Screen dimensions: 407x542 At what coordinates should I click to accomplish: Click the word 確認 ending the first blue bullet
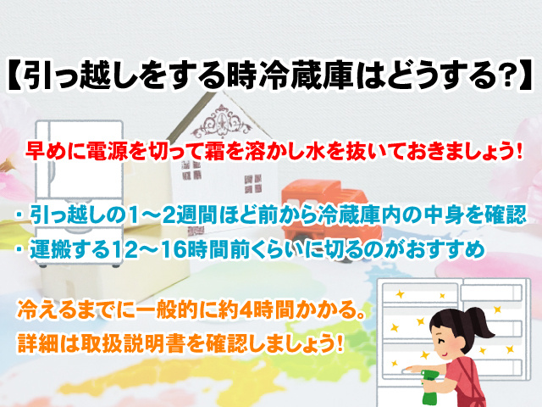[505, 215]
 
